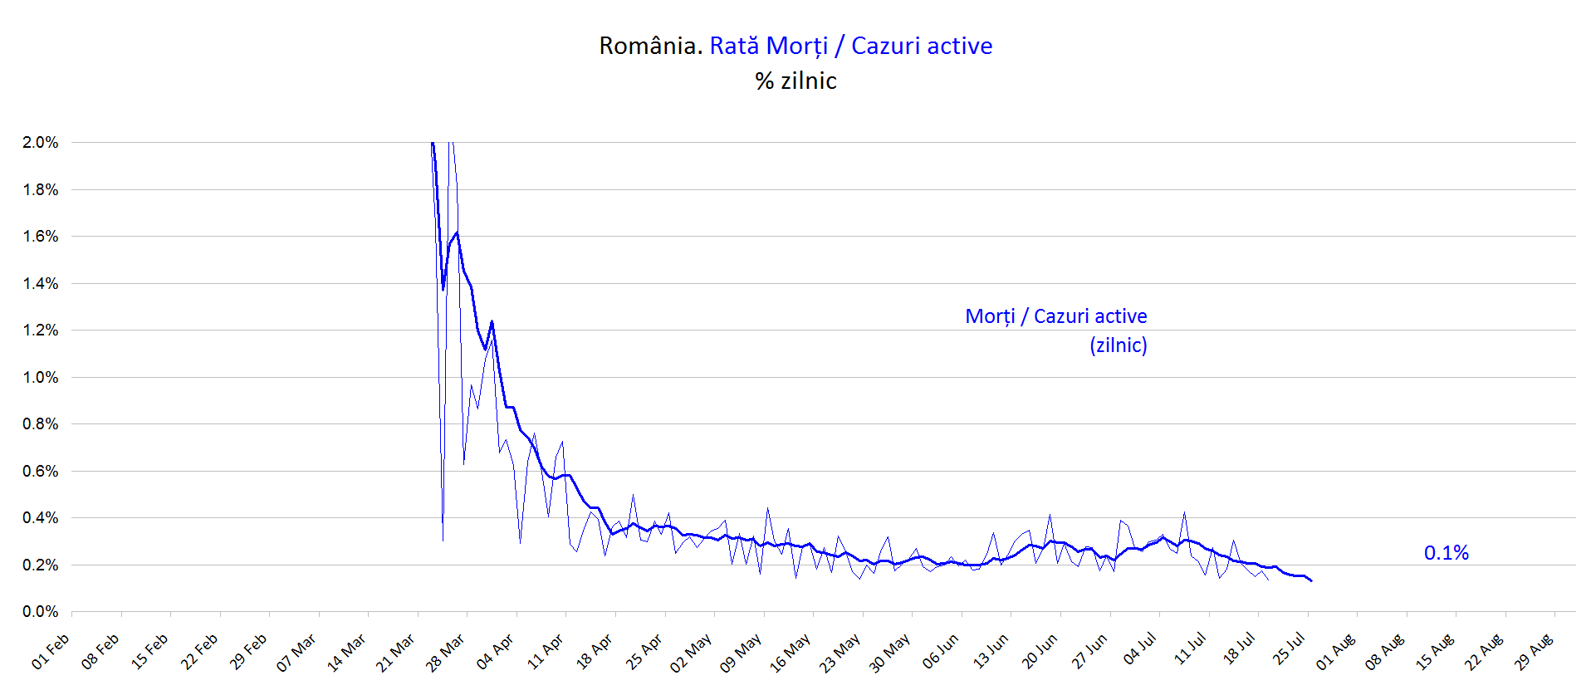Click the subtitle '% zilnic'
point(795,81)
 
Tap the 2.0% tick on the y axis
point(41,143)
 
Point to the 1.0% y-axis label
point(41,377)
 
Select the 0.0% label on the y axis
point(41,612)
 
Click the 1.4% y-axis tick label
point(41,284)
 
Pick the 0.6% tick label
point(41,472)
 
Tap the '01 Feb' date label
point(51,652)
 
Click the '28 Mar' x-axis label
point(445,652)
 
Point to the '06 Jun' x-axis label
point(940,652)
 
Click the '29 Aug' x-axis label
point(1533,652)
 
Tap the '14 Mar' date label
point(346,652)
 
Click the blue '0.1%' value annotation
point(1446,553)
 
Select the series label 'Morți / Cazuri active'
point(1055,316)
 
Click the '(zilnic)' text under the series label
point(1118,345)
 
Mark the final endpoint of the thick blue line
point(1311,580)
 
